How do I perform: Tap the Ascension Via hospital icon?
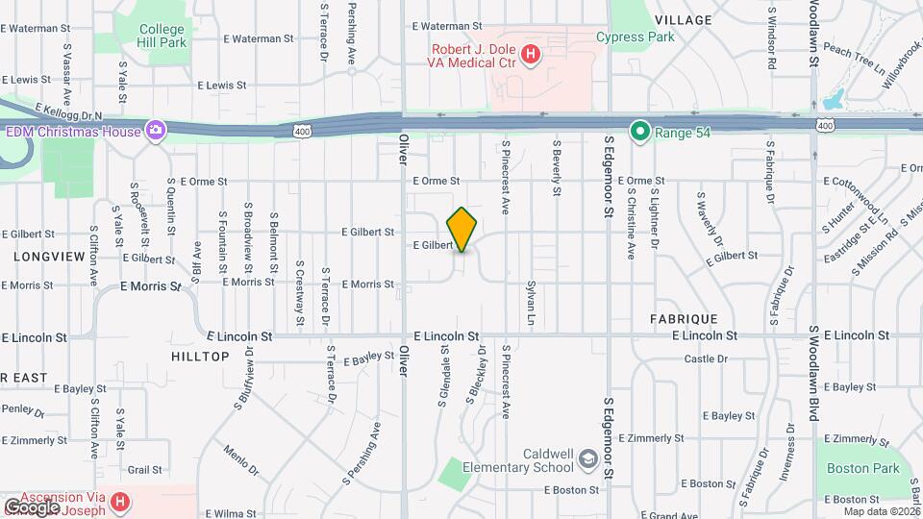(x=120, y=501)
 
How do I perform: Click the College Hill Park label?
(x=160, y=37)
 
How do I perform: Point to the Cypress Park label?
(x=635, y=37)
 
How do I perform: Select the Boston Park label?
(x=862, y=469)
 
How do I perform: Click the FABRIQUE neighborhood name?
(x=683, y=318)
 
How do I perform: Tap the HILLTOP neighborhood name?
(x=200, y=357)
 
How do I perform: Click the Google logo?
(x=32, y=507)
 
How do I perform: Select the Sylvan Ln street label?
(x=530, y=304)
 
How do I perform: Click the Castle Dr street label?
(x=706, y=358)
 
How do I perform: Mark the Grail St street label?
(x=144, y=470)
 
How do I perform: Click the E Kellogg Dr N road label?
(x=67, y=113)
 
